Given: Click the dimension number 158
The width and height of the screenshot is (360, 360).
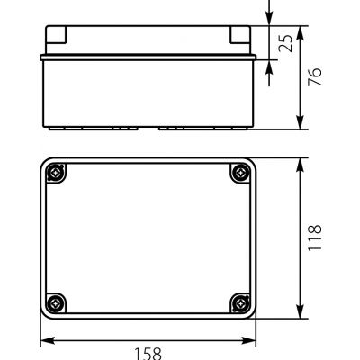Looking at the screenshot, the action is click(x=148, y=354).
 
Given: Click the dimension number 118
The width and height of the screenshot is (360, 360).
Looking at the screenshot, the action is click(x=315, y=238).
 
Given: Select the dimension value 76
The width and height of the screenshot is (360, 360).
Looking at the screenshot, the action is click(x=315, y=77).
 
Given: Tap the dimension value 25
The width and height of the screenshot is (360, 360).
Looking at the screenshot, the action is click(x=285, y=43).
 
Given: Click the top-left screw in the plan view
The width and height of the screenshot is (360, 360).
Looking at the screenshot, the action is click(x=56, y=173).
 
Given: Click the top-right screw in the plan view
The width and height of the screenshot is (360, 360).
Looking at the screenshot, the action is click(x=240, y=173).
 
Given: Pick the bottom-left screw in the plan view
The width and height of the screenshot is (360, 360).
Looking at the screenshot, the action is click(x=56, y=303).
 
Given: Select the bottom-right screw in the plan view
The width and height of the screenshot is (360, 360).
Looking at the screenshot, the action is click(x=240, y=303).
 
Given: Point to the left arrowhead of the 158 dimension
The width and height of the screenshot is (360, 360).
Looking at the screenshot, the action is click(x=48, y=340).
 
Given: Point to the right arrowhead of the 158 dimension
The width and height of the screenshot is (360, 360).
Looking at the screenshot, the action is click(x=248, y=340).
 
